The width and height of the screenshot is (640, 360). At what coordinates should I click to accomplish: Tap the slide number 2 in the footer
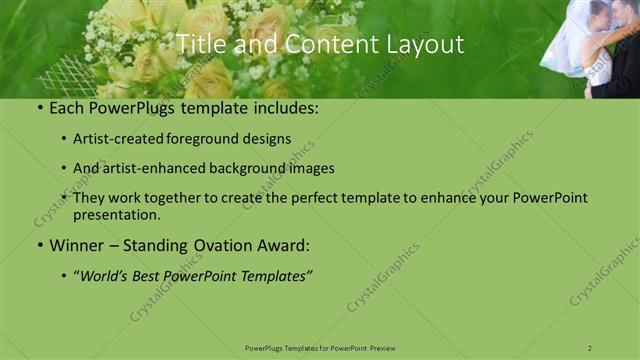pyautogui.click(x=590, y=347)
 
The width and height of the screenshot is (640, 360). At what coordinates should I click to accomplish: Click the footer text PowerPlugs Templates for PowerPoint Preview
pyautogui.click(x=320, y=347)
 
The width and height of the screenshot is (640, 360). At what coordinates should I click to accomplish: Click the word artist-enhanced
pyautogui.click(x=154, y=168)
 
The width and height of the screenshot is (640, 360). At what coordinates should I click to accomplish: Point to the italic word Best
pyautogui.click(x=150, y=275)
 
